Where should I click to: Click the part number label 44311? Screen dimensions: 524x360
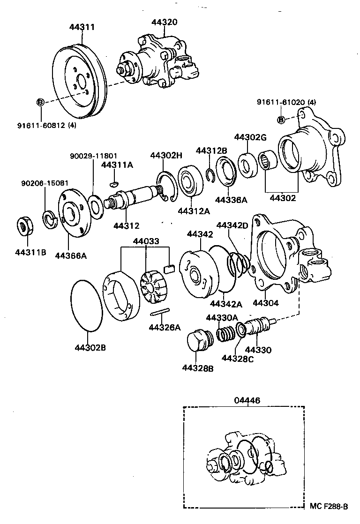(x=82, y=27)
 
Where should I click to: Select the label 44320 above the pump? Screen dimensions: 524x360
(x=165, y=22)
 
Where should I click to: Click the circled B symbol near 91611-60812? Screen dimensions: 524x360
(x=40, y=102)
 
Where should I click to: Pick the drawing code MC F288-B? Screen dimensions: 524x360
(x=329, y=506)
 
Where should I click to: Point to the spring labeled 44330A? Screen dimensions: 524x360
(x=226, y=334)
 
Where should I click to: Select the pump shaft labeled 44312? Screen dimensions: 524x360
(x=133, y=196)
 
